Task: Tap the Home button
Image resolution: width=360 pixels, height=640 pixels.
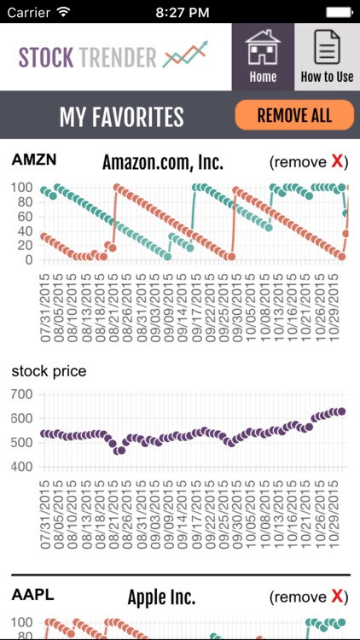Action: tap(263, 56)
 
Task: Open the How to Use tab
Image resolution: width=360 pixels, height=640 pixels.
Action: tap(327, 56)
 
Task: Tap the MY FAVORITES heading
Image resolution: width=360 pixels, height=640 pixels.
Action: tap(121, 116)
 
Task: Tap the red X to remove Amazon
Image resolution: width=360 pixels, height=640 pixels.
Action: tap(338, 162)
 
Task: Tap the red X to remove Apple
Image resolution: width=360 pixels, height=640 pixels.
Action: tap(338, 596)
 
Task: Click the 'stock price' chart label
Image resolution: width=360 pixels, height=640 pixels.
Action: tap(49, 371)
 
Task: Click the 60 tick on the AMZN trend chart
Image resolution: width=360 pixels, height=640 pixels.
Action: tap(22, 217)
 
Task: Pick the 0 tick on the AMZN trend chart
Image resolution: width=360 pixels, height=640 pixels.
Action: tap(28, 259)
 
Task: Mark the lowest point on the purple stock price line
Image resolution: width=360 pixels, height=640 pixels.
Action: tap(119, 451)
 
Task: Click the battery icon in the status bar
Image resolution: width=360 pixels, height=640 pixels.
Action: tap(337, 13)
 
